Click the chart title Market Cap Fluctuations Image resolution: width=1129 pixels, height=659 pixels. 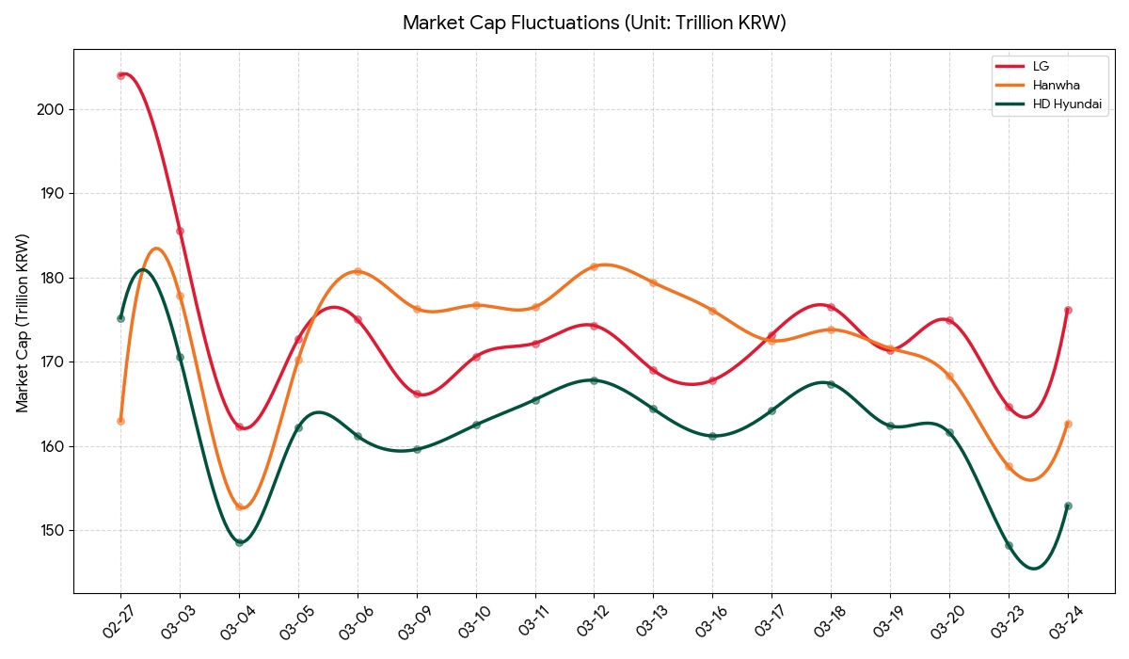[594, 23]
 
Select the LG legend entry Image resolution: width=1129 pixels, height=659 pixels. [1041, 66]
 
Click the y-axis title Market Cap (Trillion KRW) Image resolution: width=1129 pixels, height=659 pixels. [23, 323]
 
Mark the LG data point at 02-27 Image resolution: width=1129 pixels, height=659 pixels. [120, 75]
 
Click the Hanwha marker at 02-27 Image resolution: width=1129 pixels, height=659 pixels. [120, 421]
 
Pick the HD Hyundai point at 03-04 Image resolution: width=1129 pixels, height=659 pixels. [239, 542]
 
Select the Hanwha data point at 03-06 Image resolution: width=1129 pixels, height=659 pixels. [358, 272]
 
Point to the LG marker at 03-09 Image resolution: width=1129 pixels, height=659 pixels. [417, 394]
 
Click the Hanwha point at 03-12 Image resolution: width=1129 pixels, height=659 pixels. [594, 266]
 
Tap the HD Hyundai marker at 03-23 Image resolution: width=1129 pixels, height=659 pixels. [1009, 545]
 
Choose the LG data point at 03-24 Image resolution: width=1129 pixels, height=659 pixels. [1068, 310]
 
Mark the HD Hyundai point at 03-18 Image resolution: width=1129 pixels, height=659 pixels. [831, 384]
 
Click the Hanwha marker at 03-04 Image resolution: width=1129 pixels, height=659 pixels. [239, 506]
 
